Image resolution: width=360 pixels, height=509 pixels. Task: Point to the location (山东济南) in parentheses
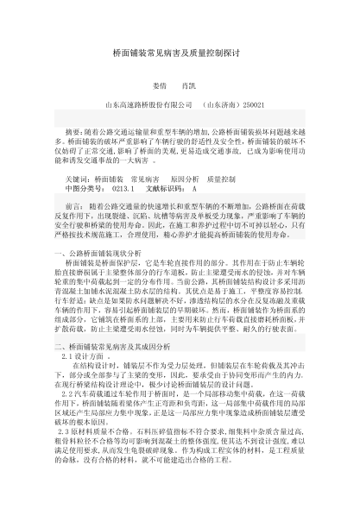click(219, 105)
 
